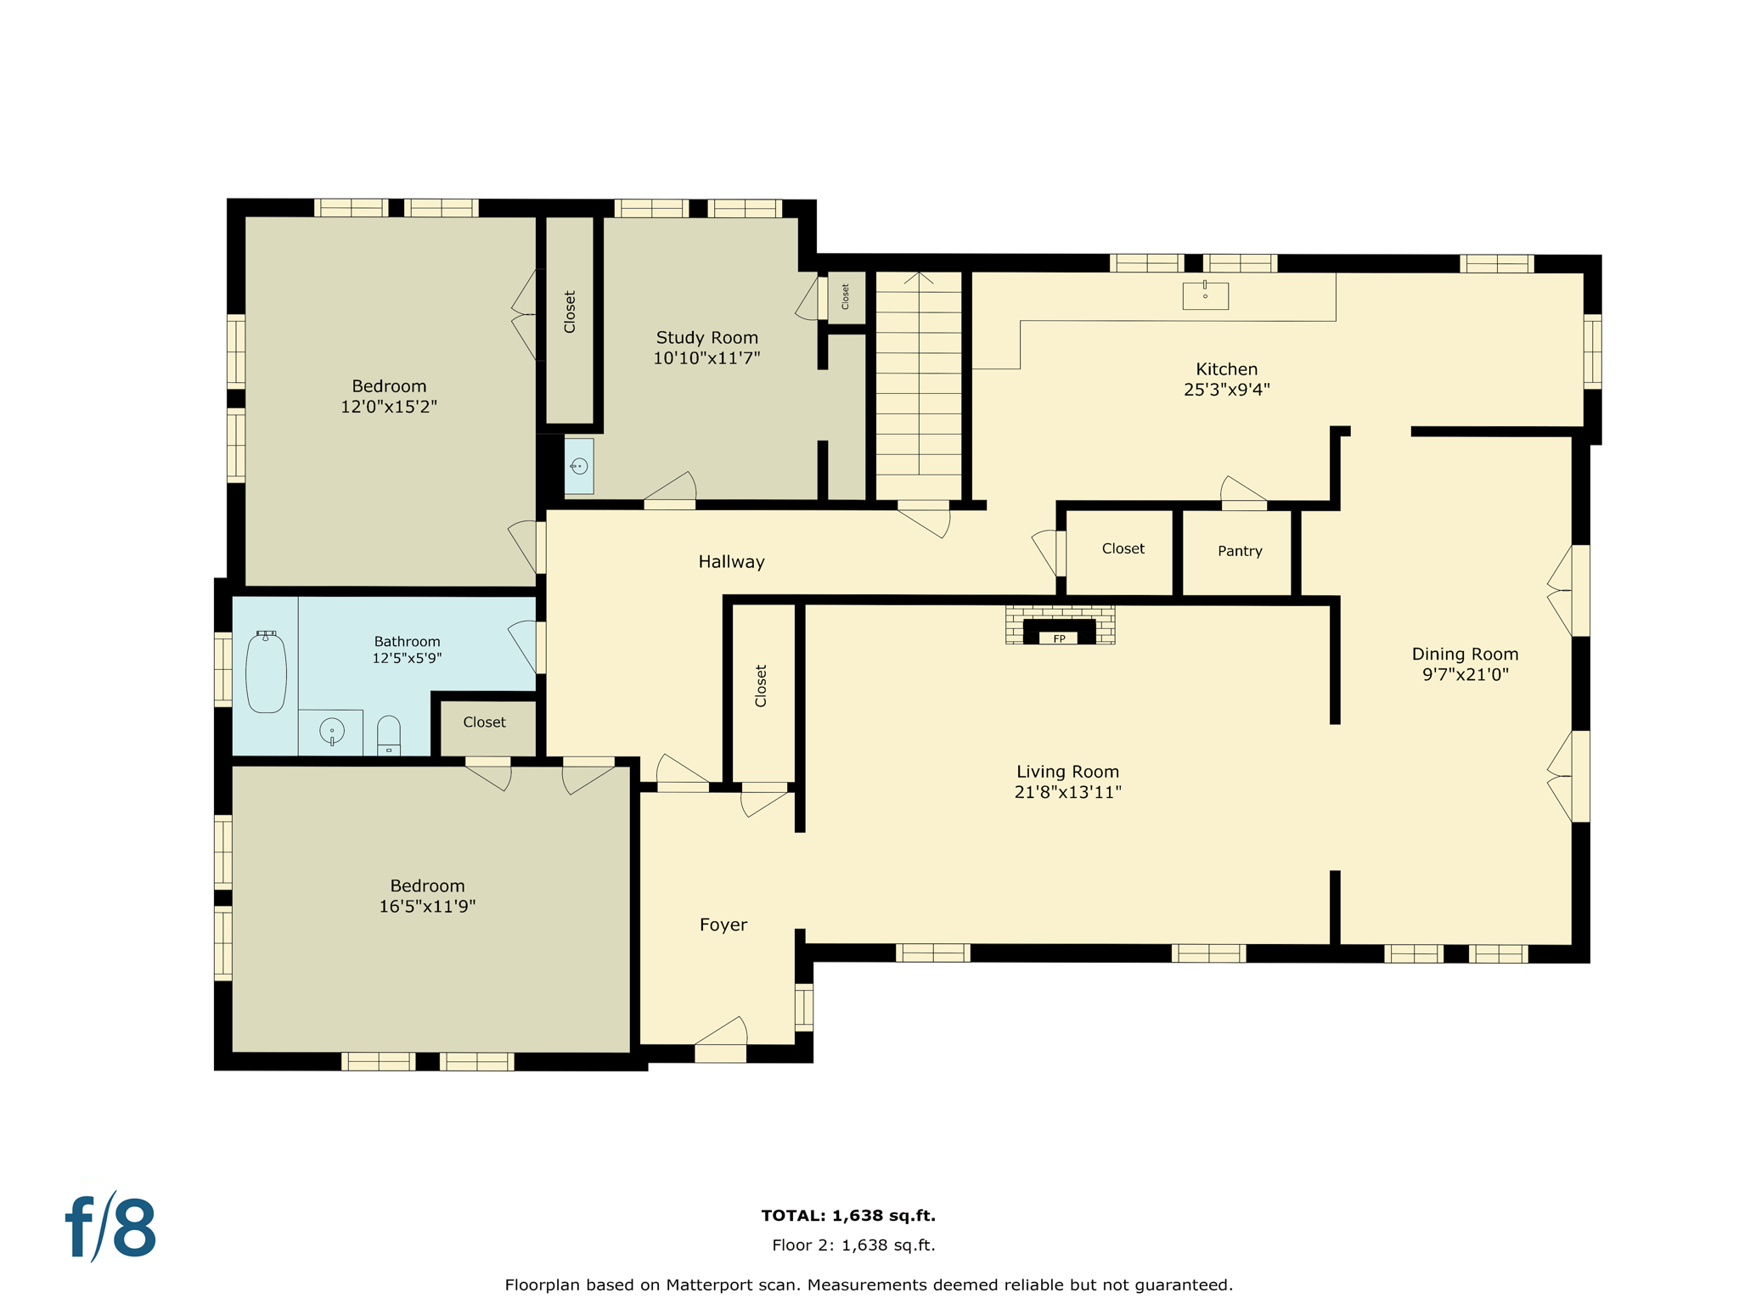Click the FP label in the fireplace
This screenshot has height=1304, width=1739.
[x=1059, y=638]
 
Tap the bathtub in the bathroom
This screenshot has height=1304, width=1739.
[x=266, y=672]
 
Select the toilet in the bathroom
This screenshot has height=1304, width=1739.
[x=388, y=735]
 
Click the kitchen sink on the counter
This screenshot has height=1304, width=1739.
[x=1205, y=295]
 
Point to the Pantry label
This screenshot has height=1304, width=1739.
[x=1240, y=551]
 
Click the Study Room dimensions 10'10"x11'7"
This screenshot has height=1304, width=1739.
[x=706, y=358]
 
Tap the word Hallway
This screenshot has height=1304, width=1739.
[x=731, y=562]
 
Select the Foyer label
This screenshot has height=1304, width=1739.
[x=723, y=925]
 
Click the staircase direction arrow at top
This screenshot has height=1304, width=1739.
[x=919, y=278]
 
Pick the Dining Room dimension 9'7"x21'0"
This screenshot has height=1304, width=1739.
[x=1465, y=675]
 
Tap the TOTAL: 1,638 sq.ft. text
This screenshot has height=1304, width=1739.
[x=848, y=1216]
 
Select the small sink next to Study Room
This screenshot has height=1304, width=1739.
[x=579, y=466]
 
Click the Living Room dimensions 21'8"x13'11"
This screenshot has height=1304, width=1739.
[x=1067, y=792]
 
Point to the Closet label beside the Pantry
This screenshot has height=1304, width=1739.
[x=1123, y=548]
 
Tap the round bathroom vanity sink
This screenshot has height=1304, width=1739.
[x=331, y=730]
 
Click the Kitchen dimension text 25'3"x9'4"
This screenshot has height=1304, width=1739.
[x=1226, y=390]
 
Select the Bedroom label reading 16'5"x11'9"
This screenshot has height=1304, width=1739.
[x=427, y=906]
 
